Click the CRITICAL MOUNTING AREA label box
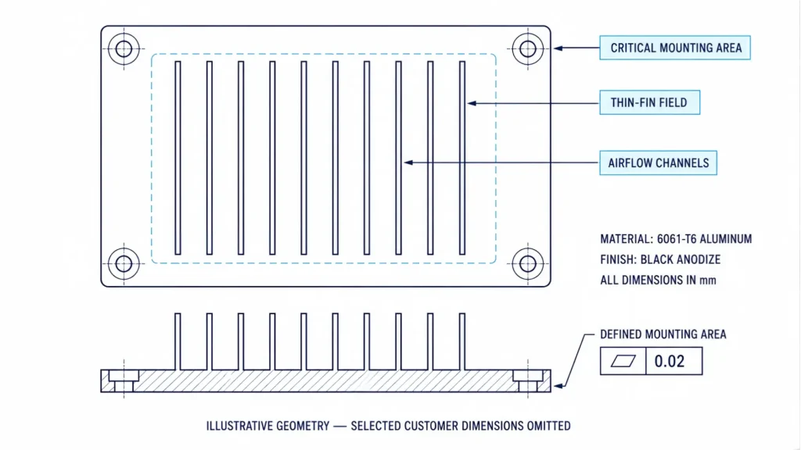coord(675,48)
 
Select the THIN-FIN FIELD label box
coord(649,102)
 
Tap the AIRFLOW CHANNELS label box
coord(658,162)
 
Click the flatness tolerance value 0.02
coord(670,361)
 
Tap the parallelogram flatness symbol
coord(623,361)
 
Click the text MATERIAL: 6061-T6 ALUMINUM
coord(676,239)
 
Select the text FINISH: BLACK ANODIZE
coord(660,259)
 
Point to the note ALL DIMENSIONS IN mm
coord(658,280)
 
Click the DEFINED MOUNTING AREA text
coord(663,334)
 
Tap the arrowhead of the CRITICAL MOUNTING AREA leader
coord(559,48)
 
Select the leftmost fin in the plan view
coord(178,158)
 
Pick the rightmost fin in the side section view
coord(462,342)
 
